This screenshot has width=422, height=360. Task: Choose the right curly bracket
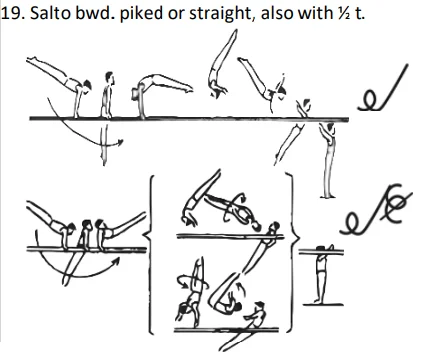coord(293,251)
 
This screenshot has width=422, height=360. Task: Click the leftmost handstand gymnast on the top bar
coord(55,84)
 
